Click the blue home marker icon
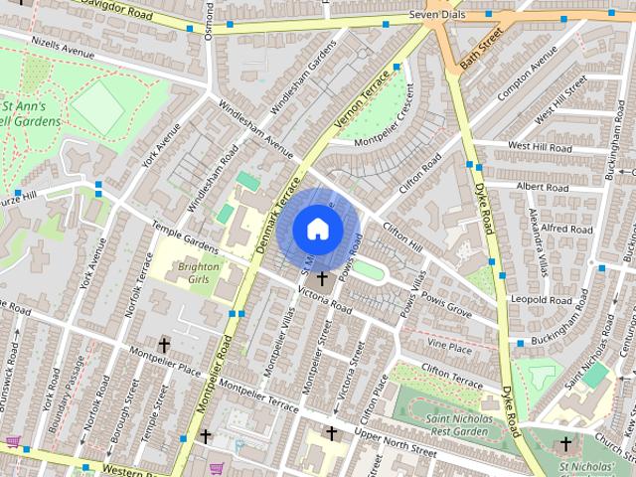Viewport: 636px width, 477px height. pyautogui.click(x=317, y=228)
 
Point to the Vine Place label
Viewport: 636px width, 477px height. pyautogui.click(x=448, y=347)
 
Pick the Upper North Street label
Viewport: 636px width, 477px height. pyautogui.click(x=396, y=444)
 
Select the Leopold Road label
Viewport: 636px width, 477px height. pyautogui.click(x=541, y=299)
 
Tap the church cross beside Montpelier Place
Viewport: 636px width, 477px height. pyautogui.click(x=164, y=346)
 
